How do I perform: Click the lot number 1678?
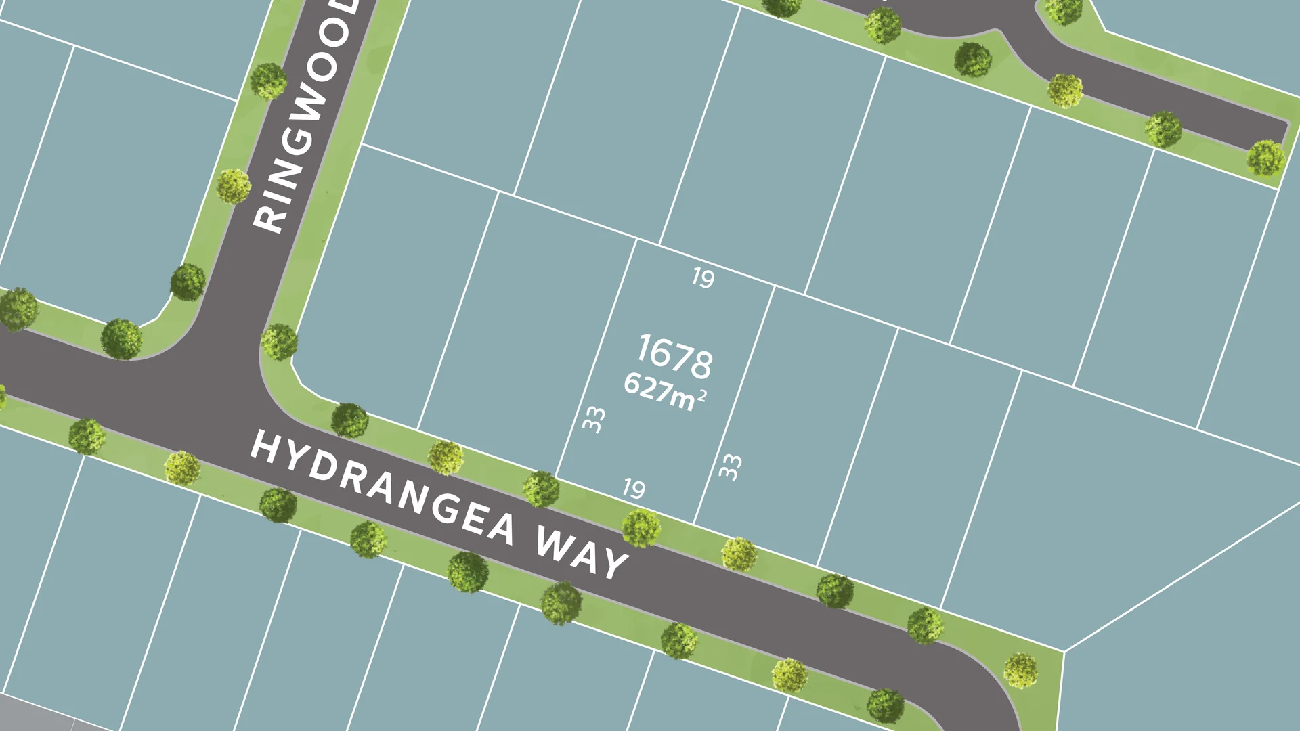coord(674,357)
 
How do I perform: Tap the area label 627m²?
coord(665,392)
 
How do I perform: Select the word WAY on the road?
coord(582,553)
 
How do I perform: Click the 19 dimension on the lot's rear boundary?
coord(703,278)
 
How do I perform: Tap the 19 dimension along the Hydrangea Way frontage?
coord(634,489)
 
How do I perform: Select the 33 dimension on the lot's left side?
coord(594,420)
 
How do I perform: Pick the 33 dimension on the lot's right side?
coord(730,467)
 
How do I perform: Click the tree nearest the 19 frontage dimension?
coord(641,529)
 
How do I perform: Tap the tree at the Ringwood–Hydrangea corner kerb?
coord(280,342)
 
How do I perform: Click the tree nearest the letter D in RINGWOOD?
coord(269,81)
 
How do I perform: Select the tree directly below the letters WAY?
coord(561,603)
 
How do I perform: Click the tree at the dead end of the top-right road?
coord(1265,158)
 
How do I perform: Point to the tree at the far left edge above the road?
coord(17,309)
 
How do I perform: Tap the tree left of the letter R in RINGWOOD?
coord(234,186)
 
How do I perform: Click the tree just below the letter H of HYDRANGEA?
coord(278,505)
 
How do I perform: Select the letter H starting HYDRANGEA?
coord(265,448)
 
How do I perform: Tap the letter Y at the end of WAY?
coord(614,564)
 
